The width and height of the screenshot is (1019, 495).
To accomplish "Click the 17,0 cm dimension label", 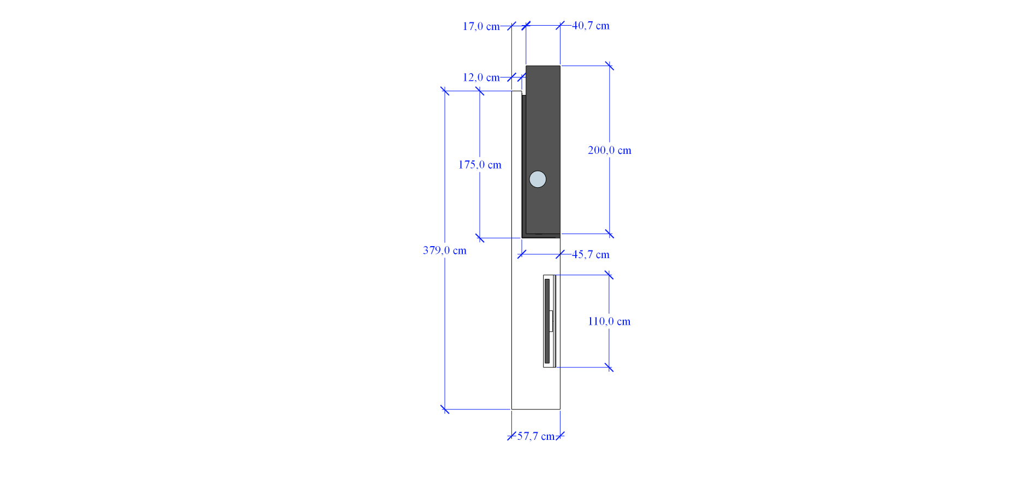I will coord(481,26).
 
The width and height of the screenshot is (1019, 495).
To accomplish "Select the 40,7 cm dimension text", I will coord(591,26).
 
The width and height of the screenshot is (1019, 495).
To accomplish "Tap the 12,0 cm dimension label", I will coord(481,77).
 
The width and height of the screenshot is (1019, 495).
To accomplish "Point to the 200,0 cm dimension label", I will coord(609,150).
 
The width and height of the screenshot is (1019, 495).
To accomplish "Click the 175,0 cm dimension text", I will coord(480,165).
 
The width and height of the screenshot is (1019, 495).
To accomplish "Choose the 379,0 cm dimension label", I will coord(444,251).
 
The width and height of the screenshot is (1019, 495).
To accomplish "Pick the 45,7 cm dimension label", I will coord(591,254).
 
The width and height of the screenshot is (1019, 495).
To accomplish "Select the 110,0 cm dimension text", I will coord(609,321).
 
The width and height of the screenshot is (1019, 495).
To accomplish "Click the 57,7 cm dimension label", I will coord(535,436).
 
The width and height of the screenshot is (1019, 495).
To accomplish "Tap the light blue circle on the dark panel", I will coord(538,179).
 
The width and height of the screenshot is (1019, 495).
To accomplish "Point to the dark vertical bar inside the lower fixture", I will coord(547,321).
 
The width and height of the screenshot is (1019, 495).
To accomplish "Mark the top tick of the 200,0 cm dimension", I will coord(610,66).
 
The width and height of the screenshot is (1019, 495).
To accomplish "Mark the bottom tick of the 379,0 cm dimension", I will coord(445,409).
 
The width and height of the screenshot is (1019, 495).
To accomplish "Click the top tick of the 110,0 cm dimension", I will coord(609,275).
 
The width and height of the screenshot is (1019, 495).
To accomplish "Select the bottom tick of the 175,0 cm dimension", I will coord(480,238).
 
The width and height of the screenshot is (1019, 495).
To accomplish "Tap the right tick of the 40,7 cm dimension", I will coord(560,26).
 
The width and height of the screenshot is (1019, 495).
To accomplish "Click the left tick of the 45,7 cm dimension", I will coord(522,254).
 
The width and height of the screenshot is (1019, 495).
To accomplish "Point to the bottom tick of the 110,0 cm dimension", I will coord(609,367).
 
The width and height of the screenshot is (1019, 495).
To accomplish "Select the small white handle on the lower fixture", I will coord(551,321).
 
